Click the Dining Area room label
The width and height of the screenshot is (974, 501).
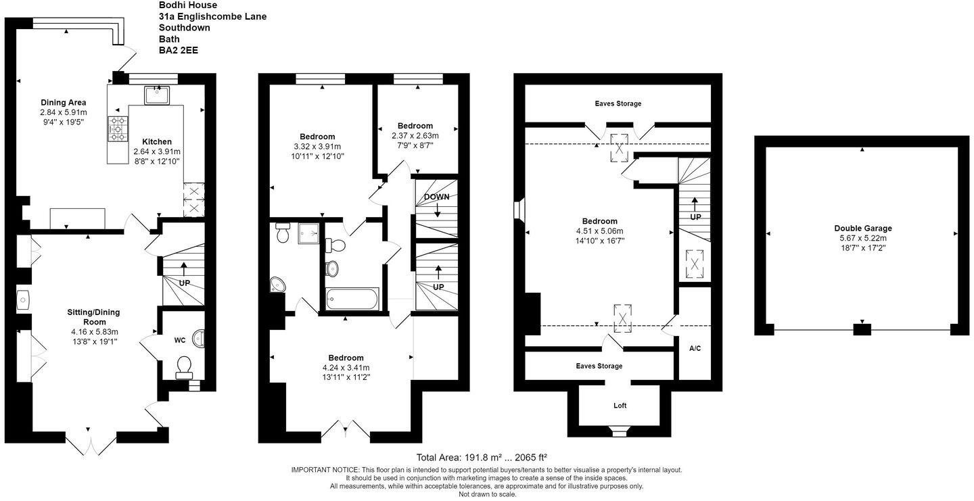[x=63, y=102]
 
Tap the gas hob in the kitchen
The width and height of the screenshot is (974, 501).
[x=117, y=128]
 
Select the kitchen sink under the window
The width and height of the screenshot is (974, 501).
[x=157, y=95]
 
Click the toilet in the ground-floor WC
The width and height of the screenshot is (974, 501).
[x=184, y=366]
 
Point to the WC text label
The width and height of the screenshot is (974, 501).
[x=180, y=340]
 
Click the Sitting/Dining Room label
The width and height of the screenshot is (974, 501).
[x=93, y=317]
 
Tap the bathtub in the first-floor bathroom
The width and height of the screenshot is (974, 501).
[x=352, y=298]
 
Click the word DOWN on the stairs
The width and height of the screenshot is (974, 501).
[x=437, y=197]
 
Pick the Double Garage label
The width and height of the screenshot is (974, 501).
[x=862, y=229]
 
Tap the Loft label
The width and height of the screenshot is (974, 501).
[x=620, y=406]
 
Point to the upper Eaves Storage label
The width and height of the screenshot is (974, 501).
[x=618, y=103]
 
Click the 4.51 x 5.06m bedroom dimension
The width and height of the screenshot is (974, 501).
[x=599, y=231]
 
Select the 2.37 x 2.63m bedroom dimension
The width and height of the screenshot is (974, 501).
[x=415, y=135]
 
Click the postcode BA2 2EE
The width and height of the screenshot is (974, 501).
[x=179, y=50]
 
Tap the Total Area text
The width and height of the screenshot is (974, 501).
[x=486, y=457]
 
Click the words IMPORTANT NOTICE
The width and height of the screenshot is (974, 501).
[x=325, y=469]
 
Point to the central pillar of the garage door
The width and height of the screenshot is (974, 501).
[x=862, y=330]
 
